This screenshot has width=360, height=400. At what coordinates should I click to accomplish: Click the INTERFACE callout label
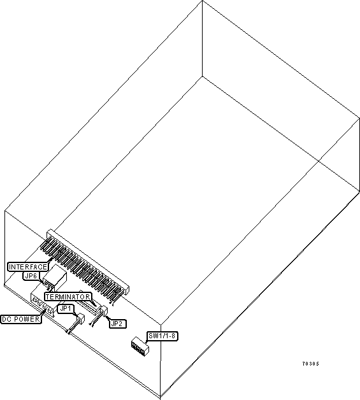28,267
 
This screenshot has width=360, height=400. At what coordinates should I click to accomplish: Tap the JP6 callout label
31,276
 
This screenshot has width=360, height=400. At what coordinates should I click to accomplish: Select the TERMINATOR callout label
68,297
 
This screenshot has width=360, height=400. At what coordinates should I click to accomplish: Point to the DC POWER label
21,319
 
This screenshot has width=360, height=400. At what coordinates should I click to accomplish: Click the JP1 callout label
66,309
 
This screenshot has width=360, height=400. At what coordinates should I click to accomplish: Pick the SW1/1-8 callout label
162,336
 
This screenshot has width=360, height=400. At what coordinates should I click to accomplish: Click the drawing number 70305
310,364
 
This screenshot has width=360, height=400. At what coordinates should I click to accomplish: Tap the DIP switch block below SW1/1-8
140,346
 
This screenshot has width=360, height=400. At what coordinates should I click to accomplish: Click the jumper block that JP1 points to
81,318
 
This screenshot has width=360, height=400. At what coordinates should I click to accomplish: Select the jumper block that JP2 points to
104,311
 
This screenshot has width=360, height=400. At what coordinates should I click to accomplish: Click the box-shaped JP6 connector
55,279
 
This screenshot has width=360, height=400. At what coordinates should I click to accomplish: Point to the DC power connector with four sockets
42,305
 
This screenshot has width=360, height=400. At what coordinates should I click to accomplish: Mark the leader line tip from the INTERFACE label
53,258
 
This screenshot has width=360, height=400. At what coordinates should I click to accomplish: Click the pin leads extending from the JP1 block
73,327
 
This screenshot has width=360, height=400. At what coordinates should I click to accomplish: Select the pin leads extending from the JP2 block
96,320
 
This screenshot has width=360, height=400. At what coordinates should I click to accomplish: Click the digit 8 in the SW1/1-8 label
173,336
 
